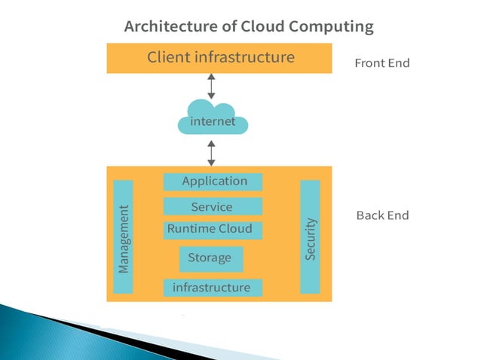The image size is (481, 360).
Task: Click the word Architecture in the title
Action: [170, 27]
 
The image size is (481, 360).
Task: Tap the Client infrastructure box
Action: [219, 58]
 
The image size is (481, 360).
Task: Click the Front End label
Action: [382, 63]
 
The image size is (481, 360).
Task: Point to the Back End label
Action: [382, 215]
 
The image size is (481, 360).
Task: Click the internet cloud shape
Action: [212, 121]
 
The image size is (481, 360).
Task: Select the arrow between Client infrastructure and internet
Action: [212, 86]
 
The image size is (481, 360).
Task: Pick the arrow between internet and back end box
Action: [212, 151]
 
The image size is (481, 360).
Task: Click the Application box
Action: [213, 182]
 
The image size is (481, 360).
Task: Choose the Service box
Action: [213, 206]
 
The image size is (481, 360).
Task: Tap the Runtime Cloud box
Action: [214, 230]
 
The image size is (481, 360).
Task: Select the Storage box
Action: [211, 258]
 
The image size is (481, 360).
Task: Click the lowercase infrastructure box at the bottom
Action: [213, 288]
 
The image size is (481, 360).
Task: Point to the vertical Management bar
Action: [123, 236]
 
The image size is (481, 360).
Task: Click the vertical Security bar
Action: [310, 236]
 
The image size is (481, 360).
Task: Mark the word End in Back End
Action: [397, 215]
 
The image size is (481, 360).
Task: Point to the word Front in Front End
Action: [370, 63]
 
